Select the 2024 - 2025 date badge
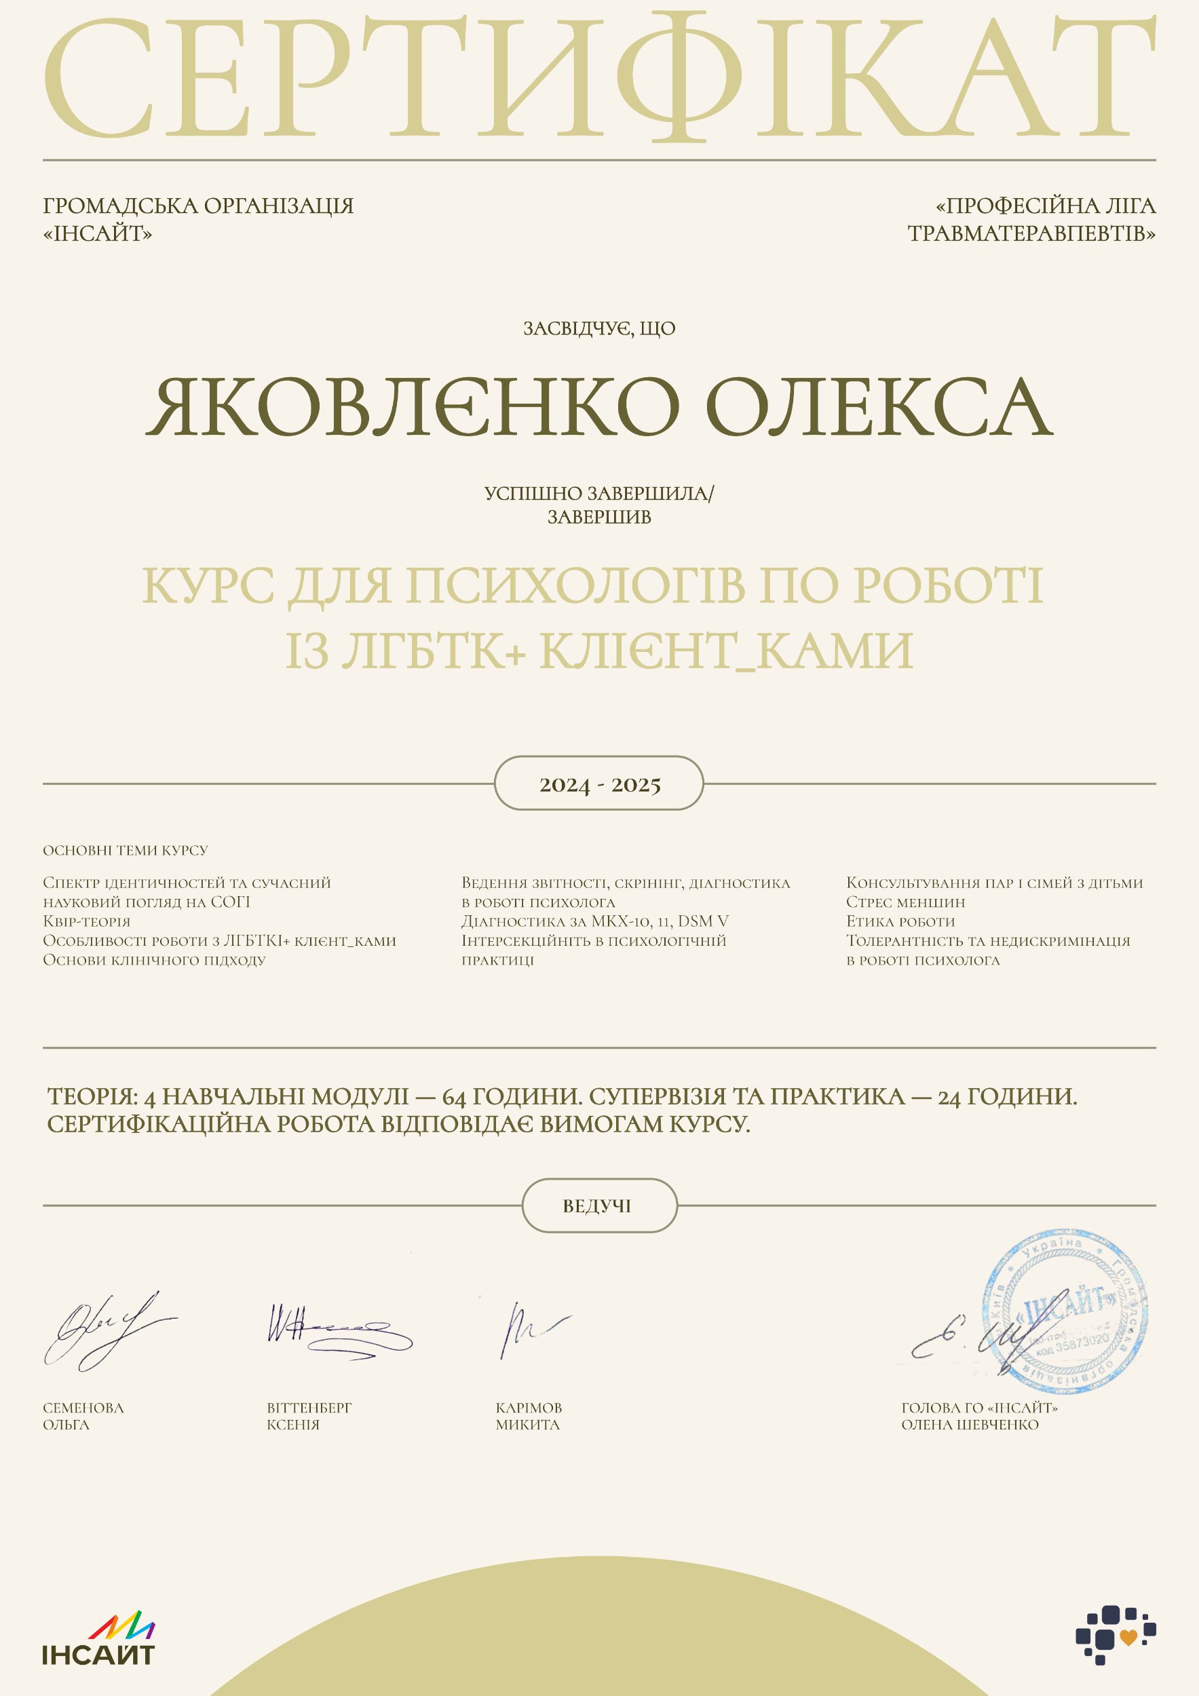(x=599, y=784)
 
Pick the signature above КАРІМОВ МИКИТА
(x=531, y=1330)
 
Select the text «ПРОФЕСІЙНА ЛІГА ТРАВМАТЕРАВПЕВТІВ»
(x=1032, y=219)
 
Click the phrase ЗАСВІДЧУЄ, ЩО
(x=599, y=329)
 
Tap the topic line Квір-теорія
(x=86, y=922)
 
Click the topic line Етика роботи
(x=900, y=922)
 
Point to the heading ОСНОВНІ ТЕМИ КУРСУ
(x=126, y=850)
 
